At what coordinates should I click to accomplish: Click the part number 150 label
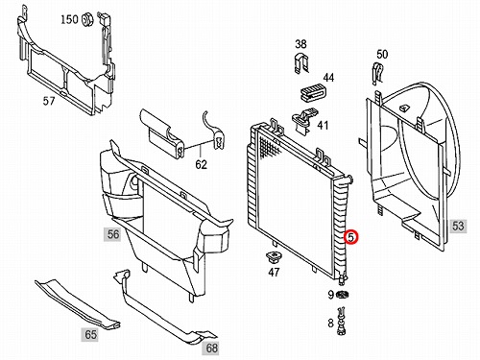tap(69, 19)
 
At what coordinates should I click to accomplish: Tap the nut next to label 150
tap(85, 19)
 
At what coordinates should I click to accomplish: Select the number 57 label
tap(49, 101)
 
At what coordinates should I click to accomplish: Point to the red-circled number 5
tap(351, 237)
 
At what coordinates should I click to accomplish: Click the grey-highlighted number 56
tap(113, 234)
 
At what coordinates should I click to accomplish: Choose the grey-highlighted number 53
tap(458, 226)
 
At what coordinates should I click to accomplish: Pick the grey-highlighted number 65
tap(90, 334)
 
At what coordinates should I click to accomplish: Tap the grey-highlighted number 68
tap(211, 348)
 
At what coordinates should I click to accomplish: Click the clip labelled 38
tap(301, 64)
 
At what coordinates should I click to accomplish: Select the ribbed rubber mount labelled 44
tap(312, 91)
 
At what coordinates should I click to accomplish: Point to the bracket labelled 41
tap(304, 121)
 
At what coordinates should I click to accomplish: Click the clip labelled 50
tap(377, 73)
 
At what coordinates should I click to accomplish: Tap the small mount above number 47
tap(273, 256)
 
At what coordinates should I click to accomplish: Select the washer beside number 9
tap(343, 294)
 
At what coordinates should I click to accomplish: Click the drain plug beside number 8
tap(342, 321)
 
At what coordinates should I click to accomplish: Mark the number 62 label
tap(201, 164)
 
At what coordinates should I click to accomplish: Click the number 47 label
tap(274, 273)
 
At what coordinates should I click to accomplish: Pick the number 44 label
tap(328, 78)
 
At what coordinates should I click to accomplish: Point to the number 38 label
tap(300, 44)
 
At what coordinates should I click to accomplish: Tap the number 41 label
tap(323, 125)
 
